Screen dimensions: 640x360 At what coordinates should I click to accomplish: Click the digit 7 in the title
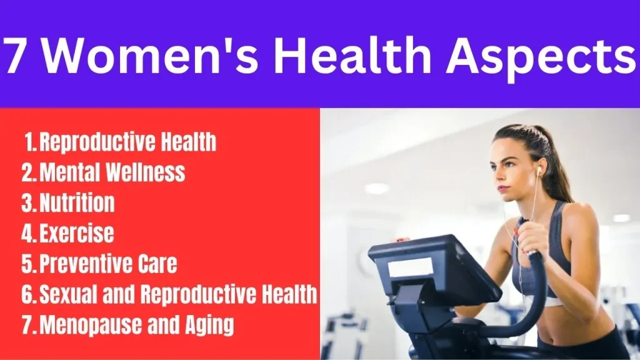(x=15, y=54)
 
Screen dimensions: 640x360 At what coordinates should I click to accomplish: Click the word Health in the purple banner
(x=352, y=54)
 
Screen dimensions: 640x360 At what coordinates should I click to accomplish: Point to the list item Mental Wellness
(x=112, y=172)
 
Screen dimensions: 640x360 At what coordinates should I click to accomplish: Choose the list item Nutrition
(x=77, y=202)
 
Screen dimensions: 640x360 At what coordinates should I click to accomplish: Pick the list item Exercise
(x=76, y=233)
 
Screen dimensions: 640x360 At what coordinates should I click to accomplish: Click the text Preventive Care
(x=108, y=264)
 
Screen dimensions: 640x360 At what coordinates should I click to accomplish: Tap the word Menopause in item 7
(x=90, y=325)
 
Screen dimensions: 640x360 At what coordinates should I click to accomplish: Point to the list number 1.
(x=30, y=142)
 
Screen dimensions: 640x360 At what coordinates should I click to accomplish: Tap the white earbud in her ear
(x=538, y=170)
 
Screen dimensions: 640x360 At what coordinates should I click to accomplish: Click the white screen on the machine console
(x=410, y=267)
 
